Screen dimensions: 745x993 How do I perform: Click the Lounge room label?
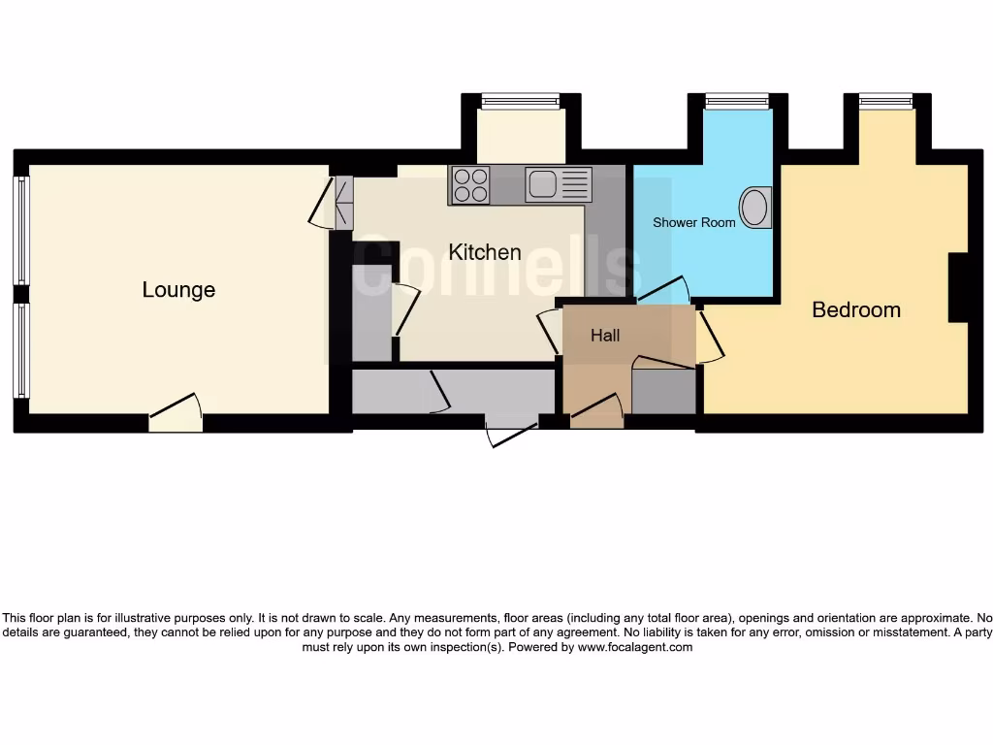tap(178, 290)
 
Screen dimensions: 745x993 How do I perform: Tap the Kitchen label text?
tap(485, 252)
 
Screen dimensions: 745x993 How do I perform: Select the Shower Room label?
tap(693, 222)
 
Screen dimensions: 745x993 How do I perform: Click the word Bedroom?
tap(856, 310)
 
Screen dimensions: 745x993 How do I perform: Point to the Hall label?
tap(605, 336)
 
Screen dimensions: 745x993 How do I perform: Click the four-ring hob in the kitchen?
tap(471, 184)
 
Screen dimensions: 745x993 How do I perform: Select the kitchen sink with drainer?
tap(559, 184)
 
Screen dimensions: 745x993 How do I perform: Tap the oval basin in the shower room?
tap(755, 207)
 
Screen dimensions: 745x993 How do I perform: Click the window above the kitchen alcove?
tap(521, 100)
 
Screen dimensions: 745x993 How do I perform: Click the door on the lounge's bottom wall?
tap(176, 413)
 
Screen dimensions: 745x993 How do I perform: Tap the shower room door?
tap(664, 290)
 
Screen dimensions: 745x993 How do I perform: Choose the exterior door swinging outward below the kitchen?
tap(511, 433)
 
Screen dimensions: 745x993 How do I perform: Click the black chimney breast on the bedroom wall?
tap(958, 286)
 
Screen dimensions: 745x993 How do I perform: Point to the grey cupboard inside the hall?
tap(664, 391)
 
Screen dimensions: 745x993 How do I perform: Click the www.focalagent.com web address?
tap(635, 647)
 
